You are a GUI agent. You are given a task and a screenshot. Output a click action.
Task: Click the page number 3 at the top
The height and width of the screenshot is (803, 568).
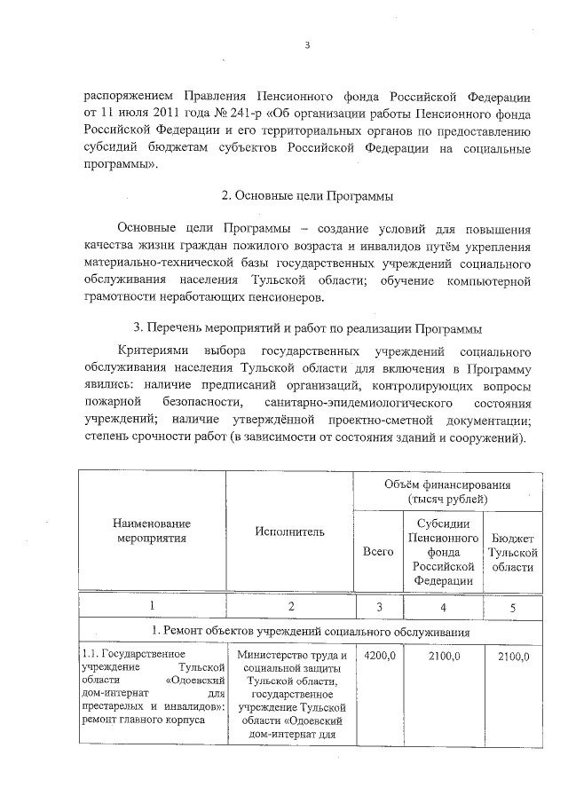pyautogui.click(x=306, y=47)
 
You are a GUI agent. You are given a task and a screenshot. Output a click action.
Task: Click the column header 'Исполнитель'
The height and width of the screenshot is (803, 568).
pyautogui.click(x=289, y=531)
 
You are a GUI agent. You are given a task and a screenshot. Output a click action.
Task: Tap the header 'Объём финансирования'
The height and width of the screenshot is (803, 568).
pyautogui.click(x=446, y=485)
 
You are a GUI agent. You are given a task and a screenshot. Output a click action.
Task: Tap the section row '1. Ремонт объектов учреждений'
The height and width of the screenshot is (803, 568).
pyautogui.click(x=307, y=631)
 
